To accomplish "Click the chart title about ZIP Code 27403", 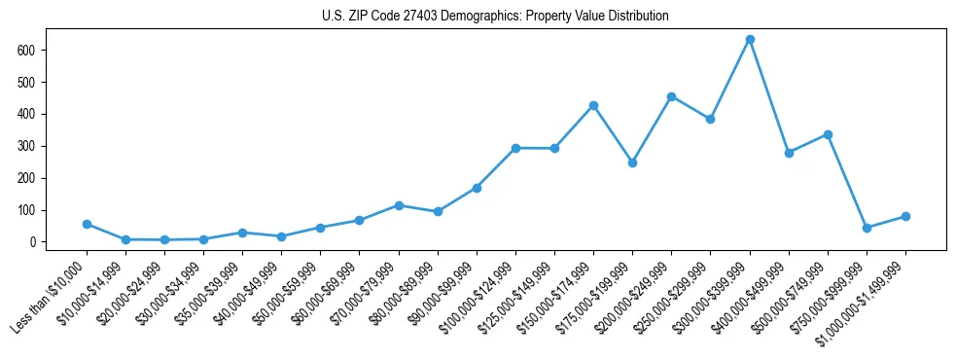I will pos(495,16).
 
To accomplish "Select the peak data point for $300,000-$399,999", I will pos(750,40).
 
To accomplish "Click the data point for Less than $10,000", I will pos(87,224).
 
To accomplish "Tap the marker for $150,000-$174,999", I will pos(593,105).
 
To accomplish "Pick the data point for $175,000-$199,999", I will pos(632,162).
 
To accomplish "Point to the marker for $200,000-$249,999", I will pos(671,96).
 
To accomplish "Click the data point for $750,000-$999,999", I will pos(867,228).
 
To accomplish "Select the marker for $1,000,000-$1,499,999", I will pos(905,216).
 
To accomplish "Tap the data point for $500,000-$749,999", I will pos(828,134).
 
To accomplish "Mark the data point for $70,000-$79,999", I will pos(399,205).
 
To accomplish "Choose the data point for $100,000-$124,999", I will pos(515,148).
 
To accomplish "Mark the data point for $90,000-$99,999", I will pos(477,188).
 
